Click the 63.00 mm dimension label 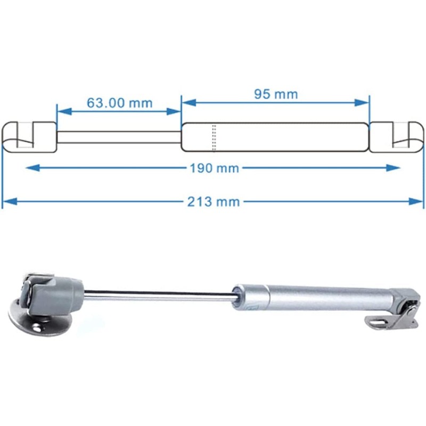click(119, 102)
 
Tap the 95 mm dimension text click(276, 94)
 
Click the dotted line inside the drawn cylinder click(214, 137)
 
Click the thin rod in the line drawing click(119, 137)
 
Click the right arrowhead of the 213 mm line click(419, 201)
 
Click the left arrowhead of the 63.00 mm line click(61, 111)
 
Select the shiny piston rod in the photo click(160, 295)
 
